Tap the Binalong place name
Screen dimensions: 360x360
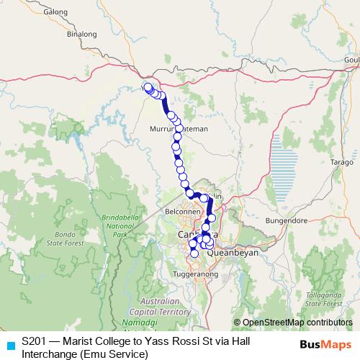(x=81, y=33)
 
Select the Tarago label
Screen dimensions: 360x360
(x=341, y=163)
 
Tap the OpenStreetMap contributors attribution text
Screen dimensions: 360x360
(x=297, y=323)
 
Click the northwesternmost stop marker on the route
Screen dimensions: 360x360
(x=148, y=88)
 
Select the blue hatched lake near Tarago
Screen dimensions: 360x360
(x=286, y=161)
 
